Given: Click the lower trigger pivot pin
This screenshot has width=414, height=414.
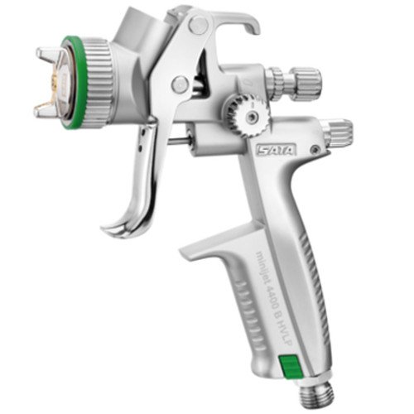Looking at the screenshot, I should [180, 83].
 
